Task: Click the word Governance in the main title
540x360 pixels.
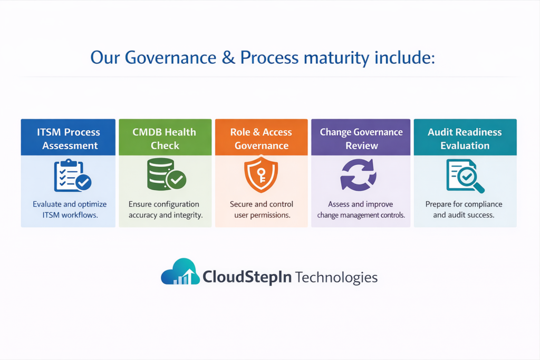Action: (170, 57)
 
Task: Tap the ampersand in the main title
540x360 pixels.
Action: (228, 57)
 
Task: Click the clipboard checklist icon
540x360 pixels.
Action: (72, 175)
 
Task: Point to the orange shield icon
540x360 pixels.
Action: (261, 174)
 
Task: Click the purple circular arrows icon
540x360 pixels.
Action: (358, 174)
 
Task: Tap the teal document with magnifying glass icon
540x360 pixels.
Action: (465, 176)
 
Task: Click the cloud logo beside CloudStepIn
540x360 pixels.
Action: (180, 272)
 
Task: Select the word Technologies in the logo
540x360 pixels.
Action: (336, 277)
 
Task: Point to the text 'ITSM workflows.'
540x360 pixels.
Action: (70, 215)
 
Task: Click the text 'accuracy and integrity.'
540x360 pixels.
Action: (166, 215)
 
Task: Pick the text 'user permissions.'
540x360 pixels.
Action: (263, 215)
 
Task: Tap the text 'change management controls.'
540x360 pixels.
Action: (361, 215)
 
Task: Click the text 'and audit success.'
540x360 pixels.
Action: (464, 215)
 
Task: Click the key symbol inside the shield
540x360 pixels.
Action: (262, 175)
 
